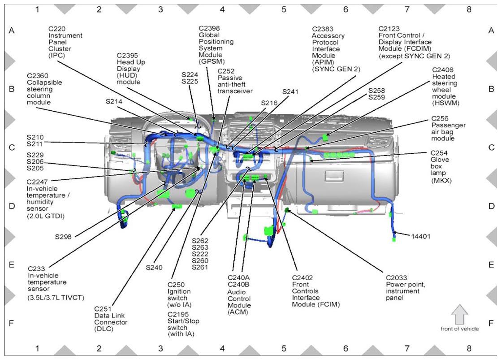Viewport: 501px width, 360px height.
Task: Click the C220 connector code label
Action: pyautogui.click(x=57, y=29)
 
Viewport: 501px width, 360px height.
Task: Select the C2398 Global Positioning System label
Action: pyautogui.click(x=209, y=28)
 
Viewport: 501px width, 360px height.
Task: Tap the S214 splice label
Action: pyautogui.click(x=114, y=101)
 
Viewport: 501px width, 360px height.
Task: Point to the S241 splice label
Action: pyautogui.click(x=290, y=92)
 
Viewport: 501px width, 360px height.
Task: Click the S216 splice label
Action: pyautogui.click(x=269, y=103)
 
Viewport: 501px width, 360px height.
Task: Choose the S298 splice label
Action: pyautogui.click(x=63, y=237)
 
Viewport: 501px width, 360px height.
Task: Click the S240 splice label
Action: pyautogui.click(x=154, y=268)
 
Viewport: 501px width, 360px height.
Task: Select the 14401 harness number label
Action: pyautogui.click(x=421, y=237)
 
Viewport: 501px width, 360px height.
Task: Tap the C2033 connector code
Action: pyautogui.click(x=397, y=278)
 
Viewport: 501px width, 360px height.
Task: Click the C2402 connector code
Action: pyautogui.click(x=302, y=278)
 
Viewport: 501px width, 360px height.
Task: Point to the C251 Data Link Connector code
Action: pyautogui.click(x=103, y=309)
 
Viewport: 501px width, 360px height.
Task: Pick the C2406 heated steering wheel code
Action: pyautogui.click(x=443, y=69)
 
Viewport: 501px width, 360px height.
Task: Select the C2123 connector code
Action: pyautogui.click(x=389, y=29)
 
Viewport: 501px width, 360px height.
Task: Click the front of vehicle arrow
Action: pyautogui.click(x=460, y=315)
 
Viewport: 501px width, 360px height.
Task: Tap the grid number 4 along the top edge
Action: pyautogui.click(x=222, y=9)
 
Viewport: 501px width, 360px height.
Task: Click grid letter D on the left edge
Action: pyautogui.click(x=12, y=206)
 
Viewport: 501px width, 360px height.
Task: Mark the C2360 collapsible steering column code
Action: pyautogui.click(x=38, y=76)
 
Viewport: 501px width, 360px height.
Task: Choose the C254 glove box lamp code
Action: pyautogui.click(x=439, y=153)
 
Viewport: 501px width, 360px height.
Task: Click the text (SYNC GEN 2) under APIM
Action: pyautogui.click(x=336, y=69)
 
